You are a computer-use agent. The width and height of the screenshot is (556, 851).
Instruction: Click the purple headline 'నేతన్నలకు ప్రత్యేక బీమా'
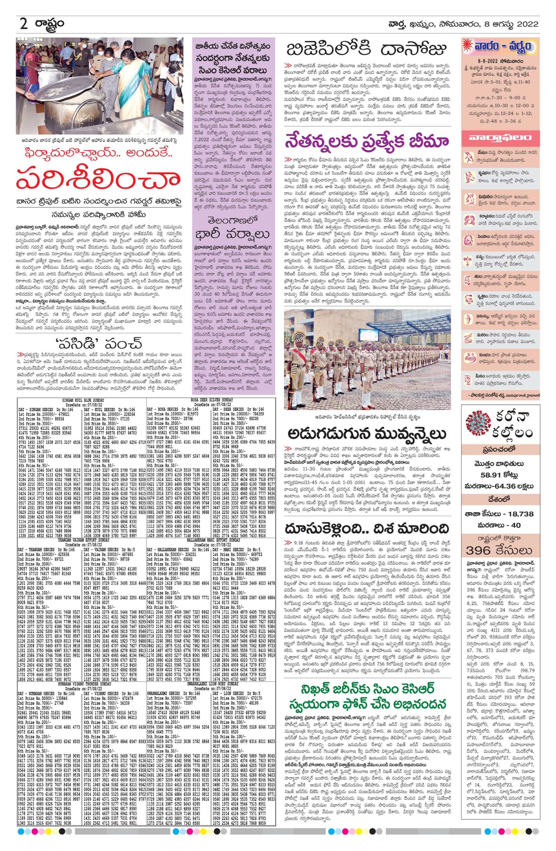tap(367, 142)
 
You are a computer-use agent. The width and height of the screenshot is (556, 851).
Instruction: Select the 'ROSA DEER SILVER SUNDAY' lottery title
tap(212, 400)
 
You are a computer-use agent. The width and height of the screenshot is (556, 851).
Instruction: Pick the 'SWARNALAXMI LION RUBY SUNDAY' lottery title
tap(212, 673)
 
